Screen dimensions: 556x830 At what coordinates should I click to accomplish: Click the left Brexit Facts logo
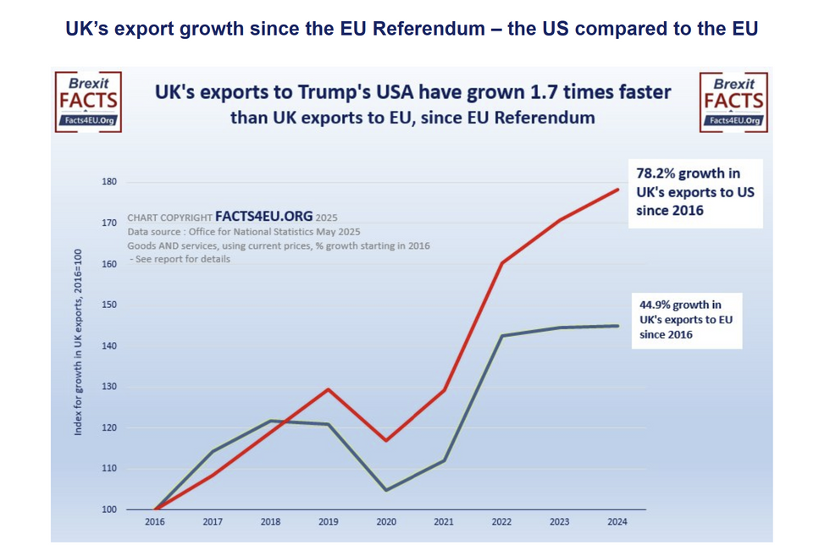88,102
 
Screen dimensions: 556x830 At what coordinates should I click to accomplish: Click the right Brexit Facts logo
733,102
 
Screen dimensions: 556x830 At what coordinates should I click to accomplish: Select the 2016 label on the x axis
154,522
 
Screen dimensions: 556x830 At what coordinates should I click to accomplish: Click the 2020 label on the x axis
386,522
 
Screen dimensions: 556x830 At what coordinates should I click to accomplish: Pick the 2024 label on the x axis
617,522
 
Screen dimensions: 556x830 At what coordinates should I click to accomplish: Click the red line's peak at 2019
328,389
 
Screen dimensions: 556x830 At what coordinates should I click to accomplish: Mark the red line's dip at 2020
386,440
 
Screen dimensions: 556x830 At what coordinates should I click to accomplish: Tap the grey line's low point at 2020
386,490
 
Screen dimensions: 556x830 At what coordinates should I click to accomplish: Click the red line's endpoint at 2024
617,190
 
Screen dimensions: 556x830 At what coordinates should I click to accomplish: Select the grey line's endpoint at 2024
617,326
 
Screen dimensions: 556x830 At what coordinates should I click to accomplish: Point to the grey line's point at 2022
501,336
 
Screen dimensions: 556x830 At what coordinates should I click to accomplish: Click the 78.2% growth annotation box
694,192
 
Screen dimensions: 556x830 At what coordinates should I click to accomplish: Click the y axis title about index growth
78,342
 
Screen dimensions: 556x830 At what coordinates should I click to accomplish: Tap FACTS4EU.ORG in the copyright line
263,217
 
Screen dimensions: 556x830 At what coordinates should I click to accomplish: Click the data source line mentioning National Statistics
244,231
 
